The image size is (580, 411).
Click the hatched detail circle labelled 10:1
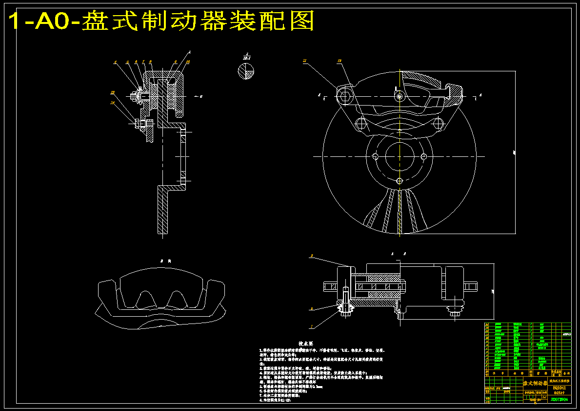pyautogui.click(x=246, y=72)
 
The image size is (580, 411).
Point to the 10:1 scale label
pyautogui.click(x=247, y=58)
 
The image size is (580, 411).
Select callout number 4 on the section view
pyautogui.click(x=115, y=62)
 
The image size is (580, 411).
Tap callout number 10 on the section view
pyautogui.click(x=188, y=62)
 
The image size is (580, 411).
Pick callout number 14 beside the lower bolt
pyautogui.click(x=113, y=103)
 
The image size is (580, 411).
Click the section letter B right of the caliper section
pyautogui.click(x=201, y=96)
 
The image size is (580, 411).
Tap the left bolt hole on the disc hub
pyautogui.click(x=375, y=156)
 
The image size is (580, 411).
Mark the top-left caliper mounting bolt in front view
pyautogui.click(x=345, y=94)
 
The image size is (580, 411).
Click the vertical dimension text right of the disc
pyautogui.click(x=515, y=153)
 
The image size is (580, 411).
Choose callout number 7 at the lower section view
pyautogui.click(x=311, y=326)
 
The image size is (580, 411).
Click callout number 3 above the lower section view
pyautogui.click(x=311, y=256)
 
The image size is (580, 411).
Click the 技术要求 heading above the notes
pyautogui.click(x=306, y=344)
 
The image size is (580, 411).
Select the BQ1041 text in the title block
pyautogui.click(x=559, y=388)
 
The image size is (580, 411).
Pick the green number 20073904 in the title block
pyautogui.click(x=559, y=399)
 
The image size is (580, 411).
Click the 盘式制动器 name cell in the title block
pyautogui.click(x=535, y=383)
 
